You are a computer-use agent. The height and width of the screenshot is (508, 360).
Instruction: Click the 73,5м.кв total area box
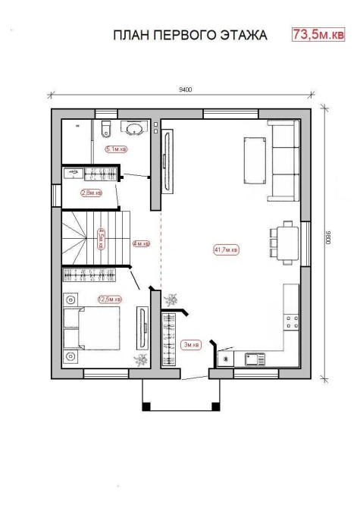(x=318, y=34)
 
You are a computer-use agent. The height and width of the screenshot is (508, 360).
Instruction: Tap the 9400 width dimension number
(x=186, y=89)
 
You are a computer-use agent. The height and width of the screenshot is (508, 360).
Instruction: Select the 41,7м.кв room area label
(x=227, y=249)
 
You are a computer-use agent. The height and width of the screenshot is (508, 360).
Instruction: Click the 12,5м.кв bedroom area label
(x=109, y=299)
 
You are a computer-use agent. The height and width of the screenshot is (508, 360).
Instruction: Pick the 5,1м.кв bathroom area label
(x=116, y=149)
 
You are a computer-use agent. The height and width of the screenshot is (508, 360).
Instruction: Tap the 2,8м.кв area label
(x=92, y=193)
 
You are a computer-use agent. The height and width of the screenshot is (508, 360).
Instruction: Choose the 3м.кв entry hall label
(x=192, y=345)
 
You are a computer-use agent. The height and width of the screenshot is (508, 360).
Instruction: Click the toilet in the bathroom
(x=106, y=129)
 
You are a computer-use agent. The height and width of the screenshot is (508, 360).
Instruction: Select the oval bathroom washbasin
(x=134, y=129)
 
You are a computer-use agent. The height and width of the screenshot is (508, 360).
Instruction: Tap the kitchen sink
(x=255, y=359)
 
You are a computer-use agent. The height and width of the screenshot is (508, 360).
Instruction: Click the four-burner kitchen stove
(x=292, y=322)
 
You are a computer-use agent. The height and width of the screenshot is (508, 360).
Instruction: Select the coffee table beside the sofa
(x=255, y=161)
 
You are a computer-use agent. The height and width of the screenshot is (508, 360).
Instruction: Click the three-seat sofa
(x=283, y=161)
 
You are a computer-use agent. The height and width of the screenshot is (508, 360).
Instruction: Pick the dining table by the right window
(x=288, y=243)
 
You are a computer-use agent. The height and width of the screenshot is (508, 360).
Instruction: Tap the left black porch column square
(x=146, y=406)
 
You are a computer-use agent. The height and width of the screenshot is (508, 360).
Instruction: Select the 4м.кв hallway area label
(x=142, y=243)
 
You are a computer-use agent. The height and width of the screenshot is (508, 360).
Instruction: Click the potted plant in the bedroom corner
(x=141, y=360)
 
